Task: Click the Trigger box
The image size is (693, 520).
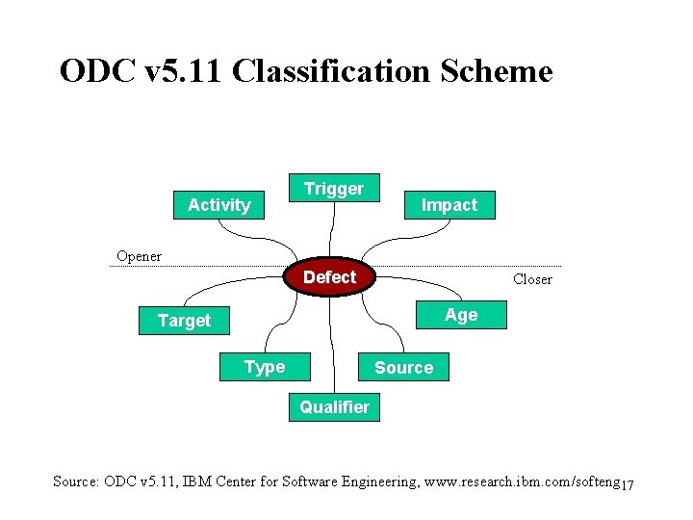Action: click(x=334, y=189)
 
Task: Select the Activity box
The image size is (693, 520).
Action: click(x=218, y=204)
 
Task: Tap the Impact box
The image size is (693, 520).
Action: click(x=449, y=204)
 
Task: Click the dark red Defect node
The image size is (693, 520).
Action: click(x=329, y=277)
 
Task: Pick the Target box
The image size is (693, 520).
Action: click(x=184, y=320)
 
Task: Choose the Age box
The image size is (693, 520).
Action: click(x=461, y=315)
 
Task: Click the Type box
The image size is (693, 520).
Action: click(x=265, y=367)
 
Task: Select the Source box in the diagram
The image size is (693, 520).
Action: click(x=403, y=367)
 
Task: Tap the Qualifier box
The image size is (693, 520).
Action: click(x=334, y=407)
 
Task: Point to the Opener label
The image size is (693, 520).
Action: click(x=139, y=256)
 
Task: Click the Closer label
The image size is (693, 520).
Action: click(x=532, y=279)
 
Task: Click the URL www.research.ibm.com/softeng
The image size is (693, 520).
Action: click(x=520, y=481)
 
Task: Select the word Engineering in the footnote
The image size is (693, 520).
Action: click(x=368, y=481)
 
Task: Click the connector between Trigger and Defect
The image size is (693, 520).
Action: click(x=332, y=231)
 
